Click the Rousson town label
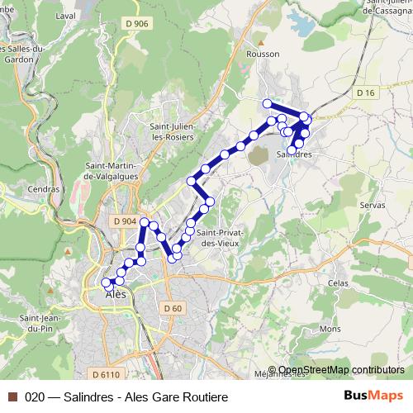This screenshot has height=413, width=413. click(263, 54)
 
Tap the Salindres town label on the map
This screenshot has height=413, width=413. click(294, 154)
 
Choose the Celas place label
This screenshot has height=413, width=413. click(338, 282)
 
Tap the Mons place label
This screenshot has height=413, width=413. click(330, 328)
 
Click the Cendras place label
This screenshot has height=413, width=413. click(44, 188)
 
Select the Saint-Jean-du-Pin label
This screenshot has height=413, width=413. click(43, 324)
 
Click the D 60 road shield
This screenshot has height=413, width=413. click(172, 307)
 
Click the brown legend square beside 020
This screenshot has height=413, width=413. click(12, 396)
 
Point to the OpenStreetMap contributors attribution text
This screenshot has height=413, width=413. click(341, 370)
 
